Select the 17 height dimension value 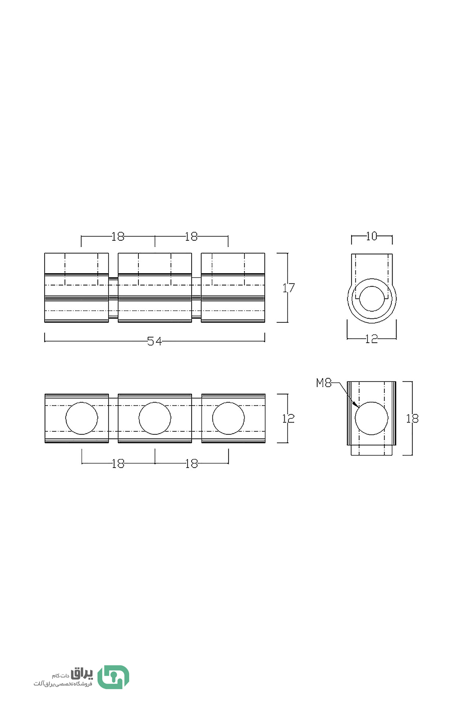289,288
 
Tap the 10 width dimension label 372,236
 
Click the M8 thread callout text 324,383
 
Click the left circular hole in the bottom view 81,418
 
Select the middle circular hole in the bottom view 155,418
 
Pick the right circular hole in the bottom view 228,418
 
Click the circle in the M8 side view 371,418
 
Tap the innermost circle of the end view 372,298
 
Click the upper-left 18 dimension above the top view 118,236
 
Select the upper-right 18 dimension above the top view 191,236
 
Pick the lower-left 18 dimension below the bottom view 118,464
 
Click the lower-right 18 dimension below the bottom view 192,464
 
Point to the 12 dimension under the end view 371,339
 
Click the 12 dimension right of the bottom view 288,419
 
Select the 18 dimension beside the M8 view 412,419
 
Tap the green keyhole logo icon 113,677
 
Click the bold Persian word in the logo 82,674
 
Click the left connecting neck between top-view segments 113,298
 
